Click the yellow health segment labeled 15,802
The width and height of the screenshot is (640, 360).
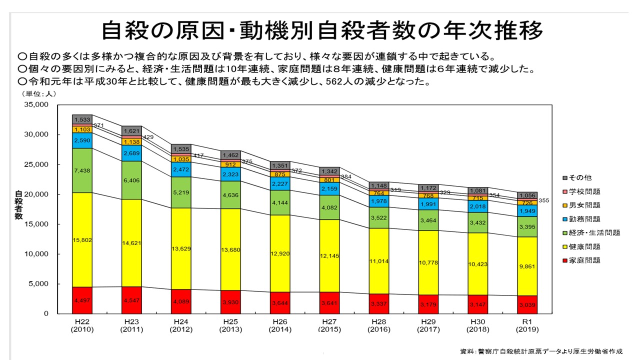pyautogui.click(x=82, y=240)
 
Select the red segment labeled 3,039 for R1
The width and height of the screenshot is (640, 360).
pyautogui.click(x=528, y=304)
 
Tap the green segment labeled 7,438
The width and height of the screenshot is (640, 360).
pyautogui.click(x=82, y=170)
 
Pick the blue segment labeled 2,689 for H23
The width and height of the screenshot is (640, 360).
pyautogui.click(x=131, y=153)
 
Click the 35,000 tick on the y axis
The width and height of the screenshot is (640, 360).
pyautogui.click(x=35, y=105)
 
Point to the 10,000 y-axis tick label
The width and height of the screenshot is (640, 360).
pyautogui.click(x=35, y=254)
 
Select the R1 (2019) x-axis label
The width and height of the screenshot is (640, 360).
pyautogui.click(x=528, y=325)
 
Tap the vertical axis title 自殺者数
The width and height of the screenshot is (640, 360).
pyautogui.click(x=18, y=205)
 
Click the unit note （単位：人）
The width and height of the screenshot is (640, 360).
pyautogui.click(x=38, y=93)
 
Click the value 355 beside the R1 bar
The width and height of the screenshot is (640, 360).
pyautogui.click(x=544, y=200)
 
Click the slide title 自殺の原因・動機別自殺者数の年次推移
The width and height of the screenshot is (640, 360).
pyautogui.click(x=322, y=30)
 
